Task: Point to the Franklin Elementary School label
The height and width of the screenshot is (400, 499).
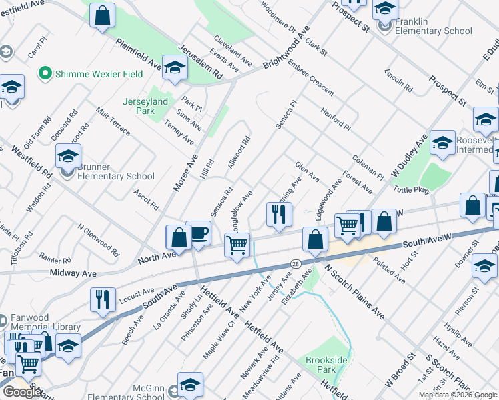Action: (433, 26)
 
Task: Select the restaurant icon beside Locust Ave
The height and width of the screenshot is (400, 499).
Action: (103, 300)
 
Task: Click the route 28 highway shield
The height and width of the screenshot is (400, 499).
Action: (294, 265)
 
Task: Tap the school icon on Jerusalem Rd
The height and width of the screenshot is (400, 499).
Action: (175, 68)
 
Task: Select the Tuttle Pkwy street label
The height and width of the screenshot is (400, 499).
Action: (413, 190)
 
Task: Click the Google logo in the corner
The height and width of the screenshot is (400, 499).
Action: (22, 391)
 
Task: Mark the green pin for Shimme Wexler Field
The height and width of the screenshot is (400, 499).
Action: (46, 73)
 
